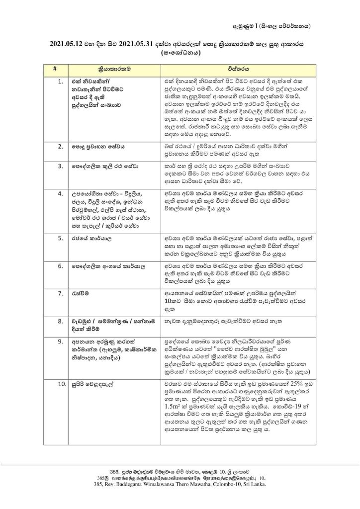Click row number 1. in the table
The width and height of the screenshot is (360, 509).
pos(60,80)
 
